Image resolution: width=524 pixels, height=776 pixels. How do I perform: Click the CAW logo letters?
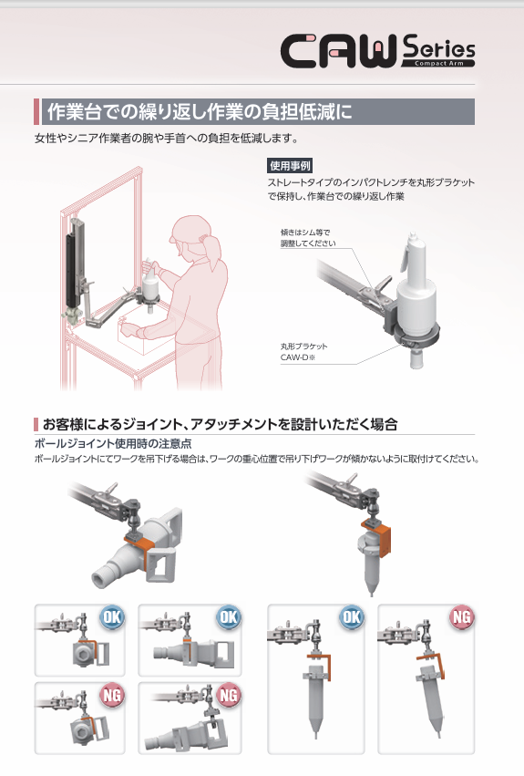point(339,50)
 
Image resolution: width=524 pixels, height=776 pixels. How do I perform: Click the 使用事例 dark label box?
point(290,166)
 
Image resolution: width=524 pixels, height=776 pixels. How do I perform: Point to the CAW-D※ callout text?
point(298,357)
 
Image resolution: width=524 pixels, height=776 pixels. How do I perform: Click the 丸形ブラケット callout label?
point(303,347)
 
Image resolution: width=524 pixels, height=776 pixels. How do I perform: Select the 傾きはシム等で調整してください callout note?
point(308,238)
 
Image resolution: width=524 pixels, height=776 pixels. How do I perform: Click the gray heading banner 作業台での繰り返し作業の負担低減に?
point(254,112)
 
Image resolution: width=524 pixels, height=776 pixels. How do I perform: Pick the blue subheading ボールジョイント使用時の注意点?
point(113,443)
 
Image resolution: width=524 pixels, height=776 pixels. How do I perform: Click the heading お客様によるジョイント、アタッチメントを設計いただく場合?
point(221,424)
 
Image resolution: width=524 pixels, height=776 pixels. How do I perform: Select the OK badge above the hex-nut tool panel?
point(112,617)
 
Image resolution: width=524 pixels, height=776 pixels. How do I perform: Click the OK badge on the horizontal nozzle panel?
point(229,617)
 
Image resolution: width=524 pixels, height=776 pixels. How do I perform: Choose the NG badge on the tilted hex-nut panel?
point(112,696)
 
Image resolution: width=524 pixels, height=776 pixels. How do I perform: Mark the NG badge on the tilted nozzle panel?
point(229,696)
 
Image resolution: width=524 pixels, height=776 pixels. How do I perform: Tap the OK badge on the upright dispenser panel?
point(352,617)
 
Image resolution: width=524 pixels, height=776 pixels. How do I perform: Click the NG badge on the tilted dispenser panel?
point(462,617)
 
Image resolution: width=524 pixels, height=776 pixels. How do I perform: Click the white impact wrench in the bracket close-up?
point(416,297)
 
